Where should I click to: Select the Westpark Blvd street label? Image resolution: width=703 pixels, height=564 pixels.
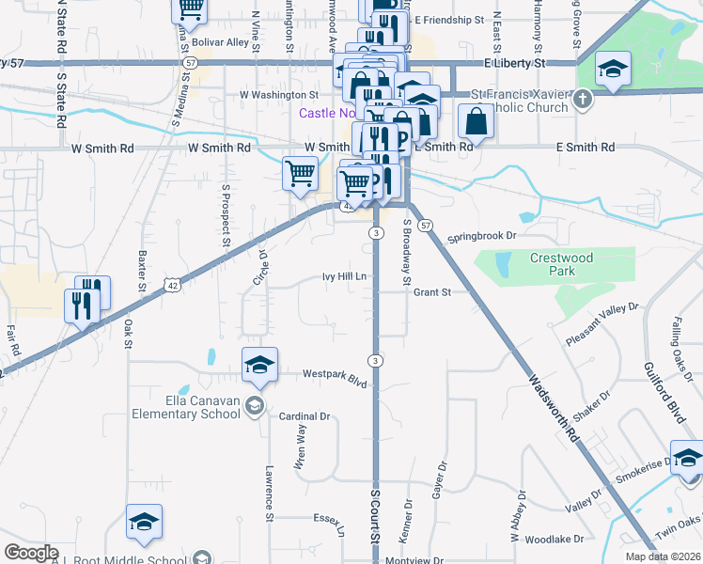coord(334,374)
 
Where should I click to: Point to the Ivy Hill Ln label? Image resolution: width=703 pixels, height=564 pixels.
coord(344,276)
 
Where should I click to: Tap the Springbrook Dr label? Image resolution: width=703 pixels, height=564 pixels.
coord(483,236)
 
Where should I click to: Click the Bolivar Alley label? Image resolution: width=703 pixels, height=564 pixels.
coord(220,42)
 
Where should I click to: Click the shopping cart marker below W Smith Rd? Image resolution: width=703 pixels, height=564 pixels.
coord(300,172)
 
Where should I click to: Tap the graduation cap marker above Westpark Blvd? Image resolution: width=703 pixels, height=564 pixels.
coord(259,364)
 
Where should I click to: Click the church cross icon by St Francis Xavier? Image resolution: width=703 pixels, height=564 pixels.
coord(584,98)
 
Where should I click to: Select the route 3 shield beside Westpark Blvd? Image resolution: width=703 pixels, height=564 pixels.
coord(376,360)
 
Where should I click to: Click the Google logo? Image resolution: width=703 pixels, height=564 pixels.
coord(31,553)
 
